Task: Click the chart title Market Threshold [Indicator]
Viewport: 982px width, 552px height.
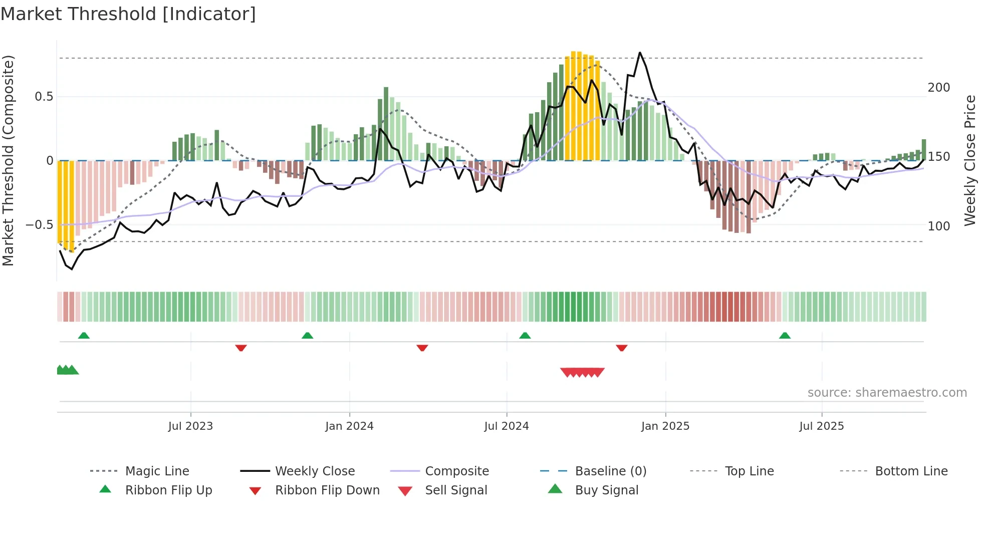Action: pos(128,14)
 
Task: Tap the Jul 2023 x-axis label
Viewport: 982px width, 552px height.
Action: pos(190,426)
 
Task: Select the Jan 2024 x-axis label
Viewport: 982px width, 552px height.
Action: pos(349,426)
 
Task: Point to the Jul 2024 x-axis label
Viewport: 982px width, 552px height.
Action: pos(507,426)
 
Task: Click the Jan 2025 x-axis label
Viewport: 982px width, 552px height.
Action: pos(665,426)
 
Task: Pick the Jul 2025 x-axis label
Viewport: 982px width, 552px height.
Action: pos(822,426)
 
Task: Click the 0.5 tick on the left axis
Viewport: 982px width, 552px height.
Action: pos(44,97)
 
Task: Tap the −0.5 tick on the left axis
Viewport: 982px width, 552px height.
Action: pos(40,225)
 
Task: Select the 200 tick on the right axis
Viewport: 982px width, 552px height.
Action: pos(938,88)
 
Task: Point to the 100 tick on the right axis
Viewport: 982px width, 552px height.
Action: pos(938,226)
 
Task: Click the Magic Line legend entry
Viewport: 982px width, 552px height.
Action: pos(157,471)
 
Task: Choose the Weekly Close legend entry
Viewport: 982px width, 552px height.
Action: pos(315,471)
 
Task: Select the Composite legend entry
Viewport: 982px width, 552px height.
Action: pos(456,471)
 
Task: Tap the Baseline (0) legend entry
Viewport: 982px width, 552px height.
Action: pos(610,471)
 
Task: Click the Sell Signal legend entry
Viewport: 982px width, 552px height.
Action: pos(455,490)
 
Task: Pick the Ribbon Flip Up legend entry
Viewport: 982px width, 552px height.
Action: pos(168,490)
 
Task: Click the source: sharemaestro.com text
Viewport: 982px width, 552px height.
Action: pos(887,393)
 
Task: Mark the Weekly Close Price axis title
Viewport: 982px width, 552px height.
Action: pos(970,160)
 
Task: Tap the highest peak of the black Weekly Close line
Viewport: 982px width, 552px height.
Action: pos(640,53)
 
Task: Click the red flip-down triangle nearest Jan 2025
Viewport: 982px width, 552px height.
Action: pos(622,348)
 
